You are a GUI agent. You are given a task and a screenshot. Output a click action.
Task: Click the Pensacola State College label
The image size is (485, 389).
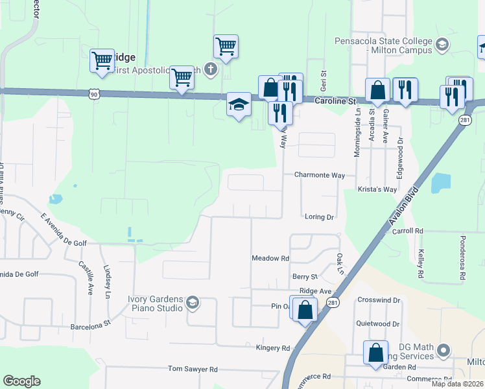(383, 45)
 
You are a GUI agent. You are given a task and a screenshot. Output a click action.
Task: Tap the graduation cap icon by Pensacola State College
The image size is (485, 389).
(442, 45)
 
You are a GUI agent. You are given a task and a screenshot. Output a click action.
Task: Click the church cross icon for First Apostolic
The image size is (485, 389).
(210, 69)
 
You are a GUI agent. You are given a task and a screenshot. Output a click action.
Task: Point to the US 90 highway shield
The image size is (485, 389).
(95, 95)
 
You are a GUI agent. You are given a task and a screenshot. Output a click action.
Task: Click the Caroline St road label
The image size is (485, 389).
(336, 102)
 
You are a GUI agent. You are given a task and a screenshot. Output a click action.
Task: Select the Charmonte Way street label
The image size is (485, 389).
(320, 175)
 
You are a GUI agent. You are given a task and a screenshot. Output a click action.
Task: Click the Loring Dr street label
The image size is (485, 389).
(319, 217)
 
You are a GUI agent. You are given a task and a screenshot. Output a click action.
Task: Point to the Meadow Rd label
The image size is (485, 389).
(270, 258)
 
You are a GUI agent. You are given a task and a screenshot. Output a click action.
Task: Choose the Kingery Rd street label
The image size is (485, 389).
(273, 348)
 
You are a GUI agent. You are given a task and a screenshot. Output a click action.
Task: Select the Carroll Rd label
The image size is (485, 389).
(407, 230)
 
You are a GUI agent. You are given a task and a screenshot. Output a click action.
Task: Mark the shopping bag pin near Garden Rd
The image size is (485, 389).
(375, 354)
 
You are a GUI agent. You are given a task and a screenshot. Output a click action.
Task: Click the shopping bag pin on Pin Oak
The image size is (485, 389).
(304, 310)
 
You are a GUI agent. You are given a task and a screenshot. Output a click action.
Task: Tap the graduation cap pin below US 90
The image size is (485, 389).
(239, 105)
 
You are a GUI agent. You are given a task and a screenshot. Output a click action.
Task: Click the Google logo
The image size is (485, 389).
(21, 381)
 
